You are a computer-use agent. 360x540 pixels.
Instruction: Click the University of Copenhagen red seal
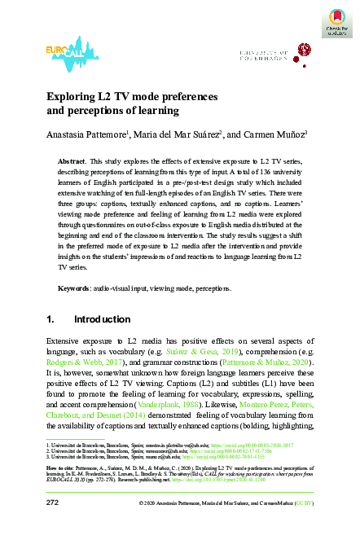point(303,51)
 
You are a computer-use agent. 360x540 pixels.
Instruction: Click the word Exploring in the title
point(69,95)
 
